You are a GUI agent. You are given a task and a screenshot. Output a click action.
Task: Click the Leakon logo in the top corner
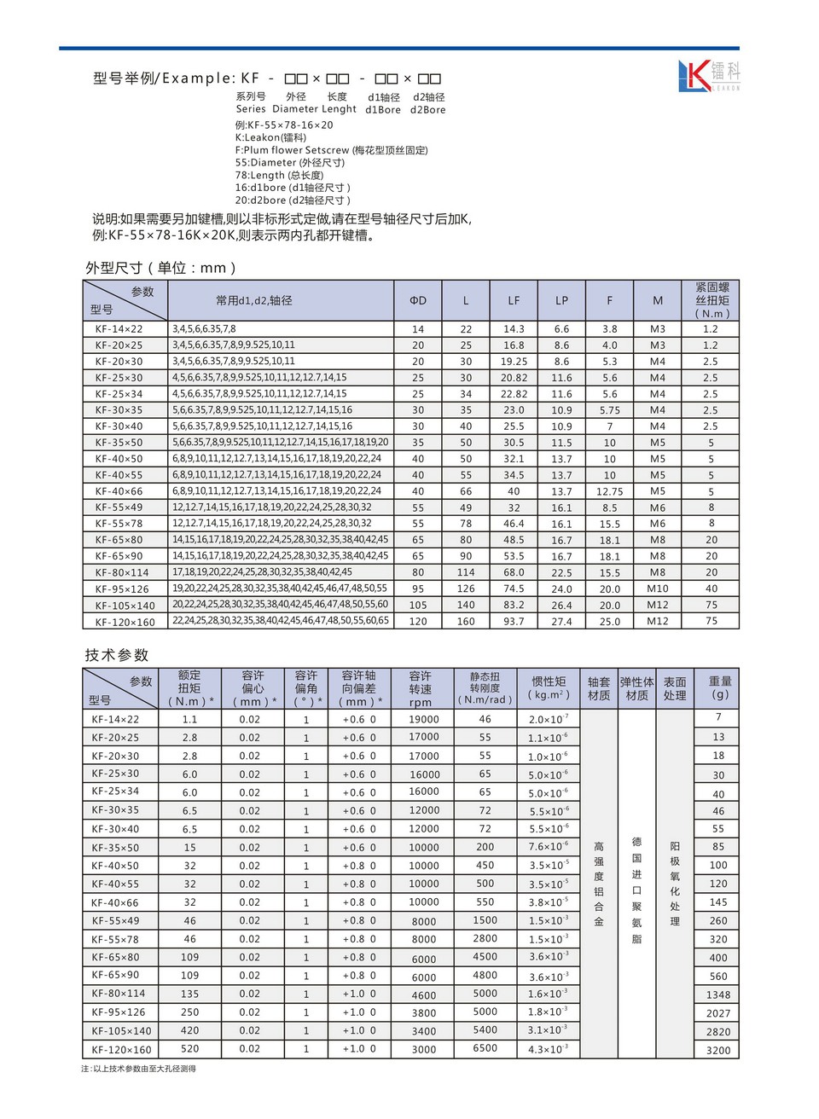coord(709,75)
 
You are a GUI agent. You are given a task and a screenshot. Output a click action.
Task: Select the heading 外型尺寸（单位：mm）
coord(160,268)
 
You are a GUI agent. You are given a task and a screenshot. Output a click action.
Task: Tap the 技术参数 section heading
coord(117,655)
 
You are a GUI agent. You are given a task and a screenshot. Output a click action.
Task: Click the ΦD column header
coord(418,300)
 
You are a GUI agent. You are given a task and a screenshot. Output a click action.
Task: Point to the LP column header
coord(561,300)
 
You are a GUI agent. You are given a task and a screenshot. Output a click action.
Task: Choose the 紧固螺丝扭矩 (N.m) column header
coord(712,300)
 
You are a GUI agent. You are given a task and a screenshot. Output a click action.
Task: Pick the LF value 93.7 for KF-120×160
coord(514,622)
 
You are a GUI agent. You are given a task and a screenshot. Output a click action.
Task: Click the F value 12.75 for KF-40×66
coord(609,492)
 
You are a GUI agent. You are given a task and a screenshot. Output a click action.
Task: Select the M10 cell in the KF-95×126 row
coord(658,589)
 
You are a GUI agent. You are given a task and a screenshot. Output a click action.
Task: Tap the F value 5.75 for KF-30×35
coord(609,410)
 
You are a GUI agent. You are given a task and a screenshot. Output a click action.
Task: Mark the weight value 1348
coord(718,994)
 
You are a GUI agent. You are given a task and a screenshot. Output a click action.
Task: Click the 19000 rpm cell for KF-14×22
coord(424,720)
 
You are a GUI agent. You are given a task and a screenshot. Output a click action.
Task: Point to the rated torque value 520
coord(189,1049)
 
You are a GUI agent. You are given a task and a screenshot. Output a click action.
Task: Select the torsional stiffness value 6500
coord(485,1049)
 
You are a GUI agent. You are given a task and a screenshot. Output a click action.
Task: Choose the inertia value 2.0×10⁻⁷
coord(548,720)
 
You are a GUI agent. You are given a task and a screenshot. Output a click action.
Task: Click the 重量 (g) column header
coord(720,687)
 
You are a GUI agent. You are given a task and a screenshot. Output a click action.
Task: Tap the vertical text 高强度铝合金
coord(599,884)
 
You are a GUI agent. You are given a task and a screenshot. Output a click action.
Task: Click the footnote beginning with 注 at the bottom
coord(139,1069)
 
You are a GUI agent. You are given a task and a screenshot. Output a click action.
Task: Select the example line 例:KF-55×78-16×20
coord(284,125)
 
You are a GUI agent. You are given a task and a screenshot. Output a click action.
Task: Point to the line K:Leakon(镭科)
coord(270,137)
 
